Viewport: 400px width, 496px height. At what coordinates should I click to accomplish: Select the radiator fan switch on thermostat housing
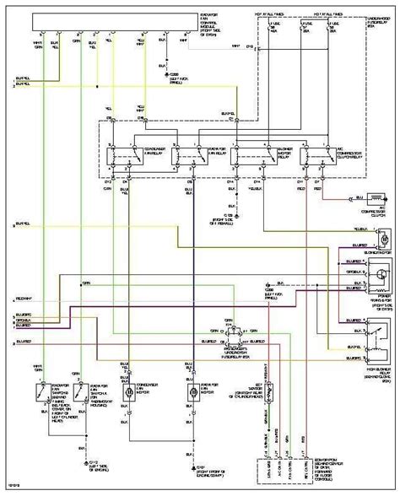click(79, 369)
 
